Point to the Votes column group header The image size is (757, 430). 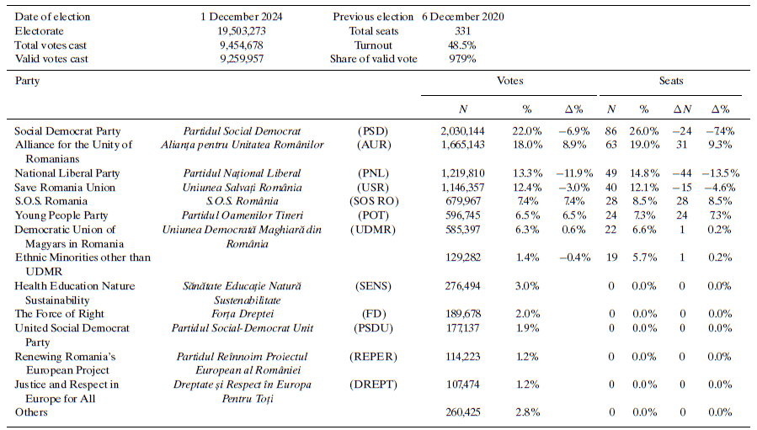tap(509, 81)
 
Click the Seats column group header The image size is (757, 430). tap(671, 81)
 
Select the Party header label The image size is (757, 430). tap(28, 81)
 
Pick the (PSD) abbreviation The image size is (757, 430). tap(374, 131)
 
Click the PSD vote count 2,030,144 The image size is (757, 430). tap(462, 131)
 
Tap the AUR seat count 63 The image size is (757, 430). tap(612, 145)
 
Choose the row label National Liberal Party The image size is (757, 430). tap(67, 173)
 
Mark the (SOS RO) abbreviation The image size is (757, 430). tap(374, 202)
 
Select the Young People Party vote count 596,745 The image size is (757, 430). tap(462, 216)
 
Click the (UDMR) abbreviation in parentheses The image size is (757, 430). tap(374, 230)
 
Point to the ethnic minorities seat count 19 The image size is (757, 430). tap(612, 258)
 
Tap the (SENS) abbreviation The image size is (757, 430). tap(374, 286)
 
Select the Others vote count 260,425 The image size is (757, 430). tap(462, 411)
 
